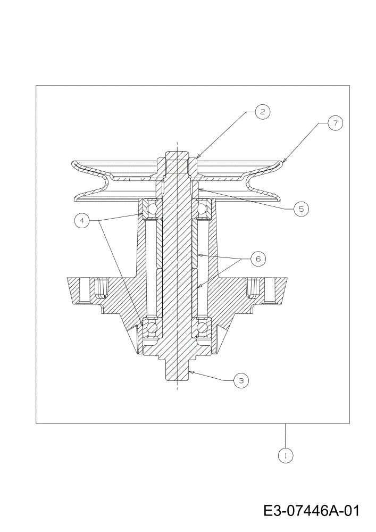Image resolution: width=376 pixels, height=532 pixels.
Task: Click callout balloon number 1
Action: [286, 455]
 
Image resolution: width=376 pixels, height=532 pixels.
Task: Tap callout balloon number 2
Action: [262, 112]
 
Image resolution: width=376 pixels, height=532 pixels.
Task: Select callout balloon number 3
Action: [241, 381]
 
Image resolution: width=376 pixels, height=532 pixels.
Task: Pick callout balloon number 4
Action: [82, 221]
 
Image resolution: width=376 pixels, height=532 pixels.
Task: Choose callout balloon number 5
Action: [301, 209]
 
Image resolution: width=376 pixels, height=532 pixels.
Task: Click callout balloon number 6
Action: [258, 259]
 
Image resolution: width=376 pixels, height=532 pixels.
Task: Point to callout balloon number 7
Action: [335, 123]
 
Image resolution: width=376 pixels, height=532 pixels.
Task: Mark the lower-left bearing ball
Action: [152, 327]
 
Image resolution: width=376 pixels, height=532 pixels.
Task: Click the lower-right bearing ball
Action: [202, 327]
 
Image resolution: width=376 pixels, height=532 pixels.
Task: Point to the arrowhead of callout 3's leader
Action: [190, 372]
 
